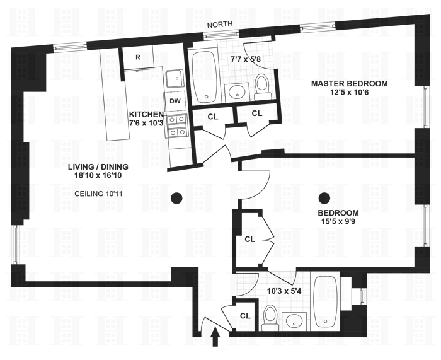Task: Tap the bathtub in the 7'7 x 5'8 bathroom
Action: click(203, 77)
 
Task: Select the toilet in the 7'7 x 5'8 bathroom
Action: click(263, 85)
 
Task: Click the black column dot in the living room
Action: click(177, 198)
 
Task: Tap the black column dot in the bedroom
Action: click(325, 198)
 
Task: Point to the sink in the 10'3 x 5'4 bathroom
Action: click(295, 321)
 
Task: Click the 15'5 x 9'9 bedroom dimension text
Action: click(338, 221)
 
